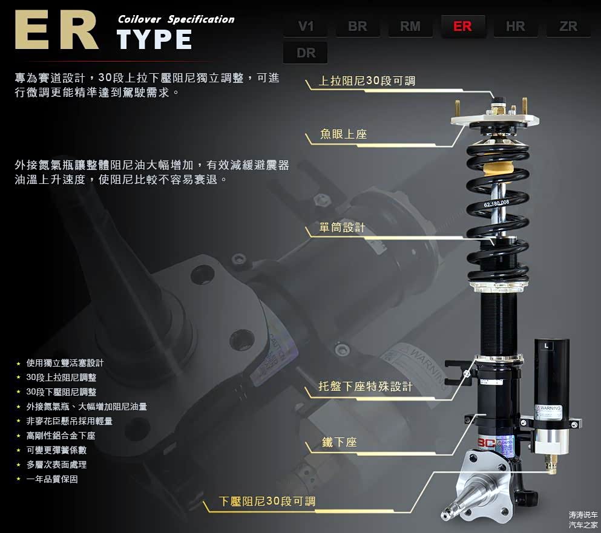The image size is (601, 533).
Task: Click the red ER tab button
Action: click(x=462, y=26)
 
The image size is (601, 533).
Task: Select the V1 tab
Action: click(x=306, y=26)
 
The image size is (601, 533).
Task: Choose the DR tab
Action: click(x=306, y=53)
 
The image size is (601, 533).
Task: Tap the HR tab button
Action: click(x=515, y=26)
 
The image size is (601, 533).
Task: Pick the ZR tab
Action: click(x=568, y=26)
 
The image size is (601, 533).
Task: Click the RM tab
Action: click(x=410, y=26)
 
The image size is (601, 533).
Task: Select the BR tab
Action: click(x=358, y=26)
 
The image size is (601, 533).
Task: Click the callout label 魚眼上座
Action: click(x=343, y=134)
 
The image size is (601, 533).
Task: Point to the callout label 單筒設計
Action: click(x=343, y=227)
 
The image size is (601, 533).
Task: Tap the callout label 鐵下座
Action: click(x=340, y=442)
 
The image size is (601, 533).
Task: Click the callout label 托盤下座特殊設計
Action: click(x=366, y=386)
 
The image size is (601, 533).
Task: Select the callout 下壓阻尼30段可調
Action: click(x=267, y=501)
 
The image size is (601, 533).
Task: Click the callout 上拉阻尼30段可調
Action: click(x=367, y=81)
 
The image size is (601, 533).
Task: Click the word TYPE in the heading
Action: click(x=154, y=39)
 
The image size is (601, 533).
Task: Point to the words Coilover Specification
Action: click(x=176, y=19)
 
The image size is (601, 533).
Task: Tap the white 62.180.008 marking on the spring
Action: click(x=496, y=203)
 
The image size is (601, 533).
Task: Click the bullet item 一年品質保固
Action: click(x=52, y=479)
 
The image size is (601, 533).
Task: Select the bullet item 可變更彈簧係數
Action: click(x=56, y=450)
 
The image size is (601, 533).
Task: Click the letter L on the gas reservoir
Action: click(x=547, y=345)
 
